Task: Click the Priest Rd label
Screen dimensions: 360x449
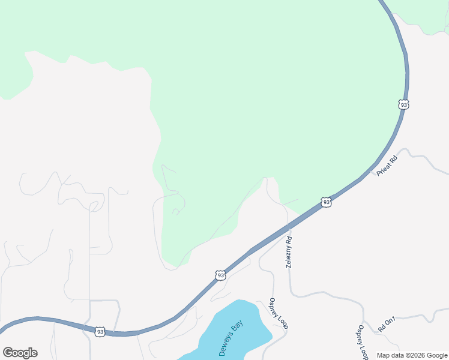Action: click(388, 166)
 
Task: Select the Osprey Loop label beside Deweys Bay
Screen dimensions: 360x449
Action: click(279, 313)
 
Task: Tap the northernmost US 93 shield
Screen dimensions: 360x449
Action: click(403, 104)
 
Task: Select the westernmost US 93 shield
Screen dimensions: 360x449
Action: click(100, 331)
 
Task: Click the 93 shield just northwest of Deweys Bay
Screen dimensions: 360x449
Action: click(220, 275)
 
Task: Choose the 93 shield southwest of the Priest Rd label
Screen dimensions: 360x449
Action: click(326, 202)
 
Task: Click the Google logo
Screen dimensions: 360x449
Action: click(20, 353)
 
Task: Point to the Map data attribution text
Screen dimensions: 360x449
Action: click(412, 355)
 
